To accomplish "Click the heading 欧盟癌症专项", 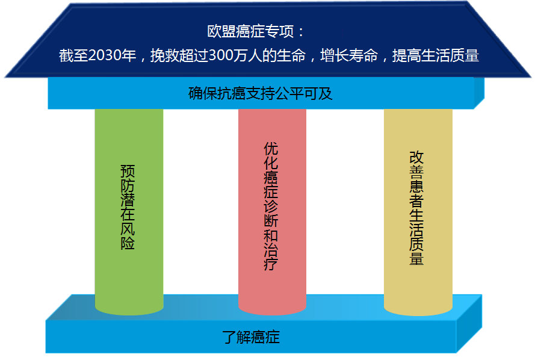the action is [250, 31].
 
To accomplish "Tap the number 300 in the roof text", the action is [220, 55].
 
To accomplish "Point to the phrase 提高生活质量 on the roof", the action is [436, 55].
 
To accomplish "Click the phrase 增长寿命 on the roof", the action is [349, 55].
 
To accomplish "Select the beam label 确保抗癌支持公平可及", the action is [261, 93].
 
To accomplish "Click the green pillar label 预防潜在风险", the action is [128, 207].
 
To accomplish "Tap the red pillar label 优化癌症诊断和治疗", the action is [271, 206].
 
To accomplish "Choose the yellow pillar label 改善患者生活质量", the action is [416, 208].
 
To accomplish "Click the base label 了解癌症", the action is [251, 337].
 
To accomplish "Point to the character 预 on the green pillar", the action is [128, 171].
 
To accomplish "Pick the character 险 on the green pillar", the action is [128, 243].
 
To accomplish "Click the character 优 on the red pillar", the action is [271, 149].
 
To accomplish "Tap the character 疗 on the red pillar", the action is [271, 264].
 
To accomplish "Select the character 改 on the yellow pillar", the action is [416, 158].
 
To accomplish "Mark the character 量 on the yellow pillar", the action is [416, 258].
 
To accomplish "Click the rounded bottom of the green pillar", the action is [129, 308].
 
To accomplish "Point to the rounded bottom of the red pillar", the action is [272, 308].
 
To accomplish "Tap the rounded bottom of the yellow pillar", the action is [418, 309].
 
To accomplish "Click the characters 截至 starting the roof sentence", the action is [73, 55].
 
